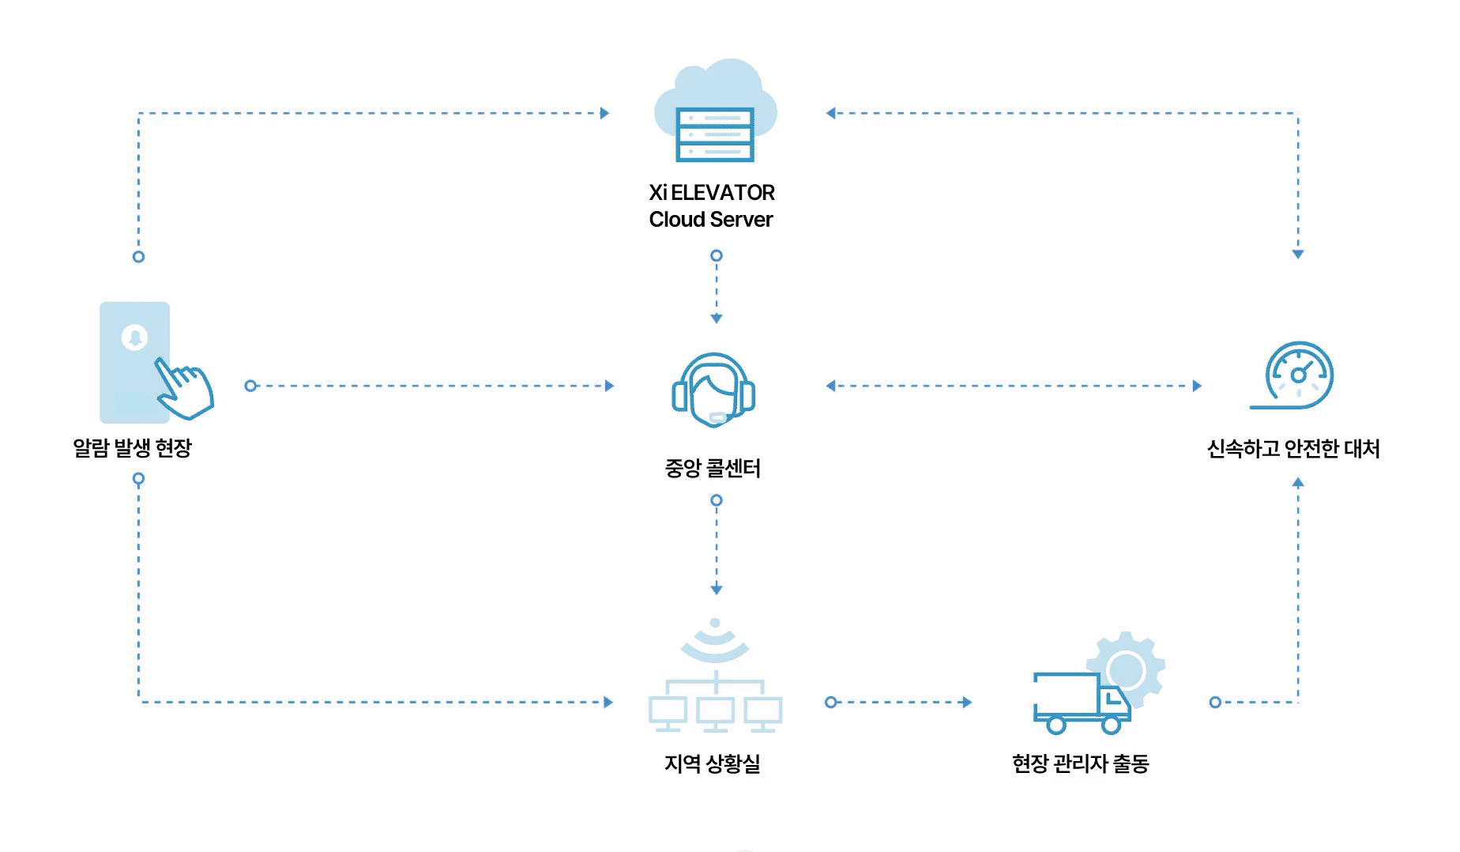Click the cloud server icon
(715, 111)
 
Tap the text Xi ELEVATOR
(712, 193)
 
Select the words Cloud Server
(711, 220)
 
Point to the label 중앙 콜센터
(713, 469)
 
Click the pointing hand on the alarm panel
(184, 388)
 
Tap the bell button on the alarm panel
(134, 337)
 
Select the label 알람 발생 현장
(133, 448)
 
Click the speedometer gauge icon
(1293, 375)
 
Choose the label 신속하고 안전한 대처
(1293, 449)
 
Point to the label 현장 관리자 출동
(1080, 763)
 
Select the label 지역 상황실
(713, 763)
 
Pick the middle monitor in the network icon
(716, 714)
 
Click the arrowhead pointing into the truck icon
(967, 702)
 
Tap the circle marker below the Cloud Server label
(717, 255)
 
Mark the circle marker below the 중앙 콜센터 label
(717, 500)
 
